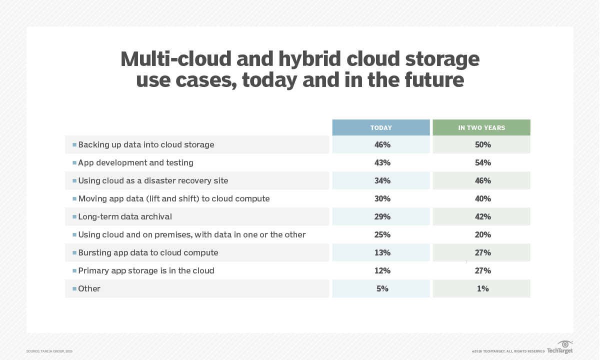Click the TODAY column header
[381, 127]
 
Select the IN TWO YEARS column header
[481, 127]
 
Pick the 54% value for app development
[483, 162]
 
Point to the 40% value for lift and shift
[483, 198]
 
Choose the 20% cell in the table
[483, 234]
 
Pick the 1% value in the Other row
[483, 288]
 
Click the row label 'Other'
[89, 288]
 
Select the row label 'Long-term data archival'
[125, 216]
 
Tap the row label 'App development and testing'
[135, 162]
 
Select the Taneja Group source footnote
[49, 351]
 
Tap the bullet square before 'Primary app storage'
[74, 270]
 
